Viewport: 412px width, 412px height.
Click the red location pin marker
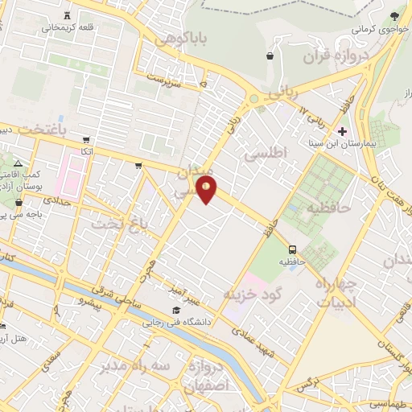[207, 189]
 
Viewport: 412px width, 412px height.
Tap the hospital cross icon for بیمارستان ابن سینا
[343, 130]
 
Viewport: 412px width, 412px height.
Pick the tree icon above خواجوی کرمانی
[394, 16]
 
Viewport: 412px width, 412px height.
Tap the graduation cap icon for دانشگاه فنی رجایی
[175, 311]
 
